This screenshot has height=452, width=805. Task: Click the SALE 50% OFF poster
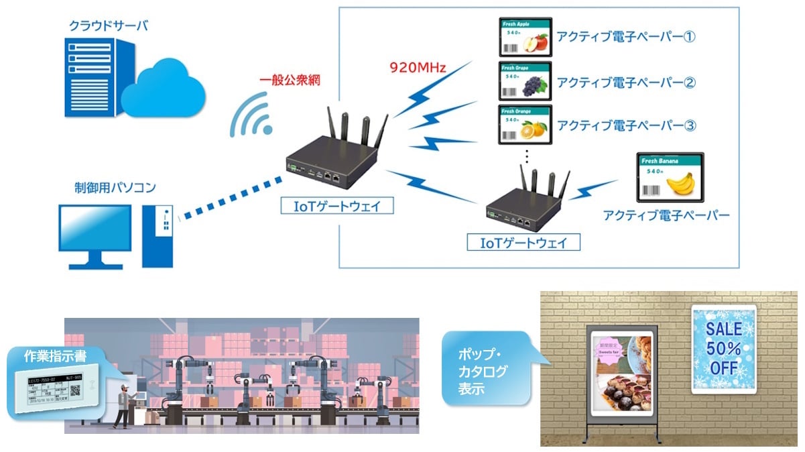723,349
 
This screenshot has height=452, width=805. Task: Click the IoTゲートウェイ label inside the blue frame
523,242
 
